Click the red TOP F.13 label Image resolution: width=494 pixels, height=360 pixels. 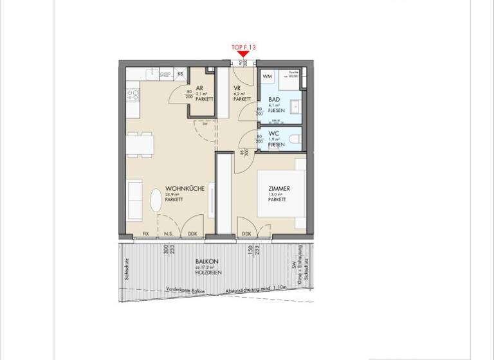[x=243, y=47]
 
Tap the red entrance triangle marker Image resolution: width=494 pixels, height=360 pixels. [x=243, y=55]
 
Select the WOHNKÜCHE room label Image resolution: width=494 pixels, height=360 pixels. [x=185, y=189]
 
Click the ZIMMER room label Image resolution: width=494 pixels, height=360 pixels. [x=279, y=189]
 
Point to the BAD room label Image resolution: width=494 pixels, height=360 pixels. [x=274, y=100]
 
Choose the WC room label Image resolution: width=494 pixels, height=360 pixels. [x=273, y=134]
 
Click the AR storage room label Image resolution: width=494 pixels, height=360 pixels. [x=200, y=89]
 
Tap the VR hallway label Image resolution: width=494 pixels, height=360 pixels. [x=237, y=89]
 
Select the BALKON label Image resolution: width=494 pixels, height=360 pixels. [x=207, y=262]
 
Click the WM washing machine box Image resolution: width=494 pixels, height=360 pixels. [x=268, y=77]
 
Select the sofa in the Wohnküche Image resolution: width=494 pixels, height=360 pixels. [x=134, y=200]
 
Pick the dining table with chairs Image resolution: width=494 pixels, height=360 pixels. [x=141, y=144]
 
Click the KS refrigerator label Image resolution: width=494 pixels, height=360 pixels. [x=181, y=75]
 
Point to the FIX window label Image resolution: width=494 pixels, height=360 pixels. [x=145, y=234]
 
